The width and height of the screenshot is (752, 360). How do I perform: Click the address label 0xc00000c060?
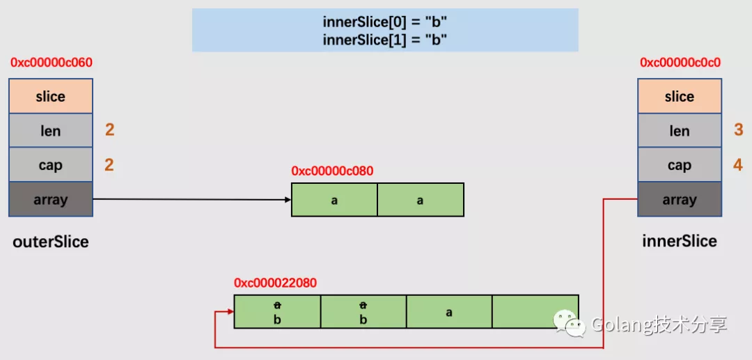[x=52, y=63]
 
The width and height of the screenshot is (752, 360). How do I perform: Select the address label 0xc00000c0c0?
[x=680, y=63]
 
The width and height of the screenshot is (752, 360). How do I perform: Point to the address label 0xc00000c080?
[x=332, y=171]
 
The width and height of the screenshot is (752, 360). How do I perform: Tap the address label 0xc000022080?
[x=275, y=283]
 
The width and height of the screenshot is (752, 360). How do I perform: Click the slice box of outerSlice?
[x=50, y=96]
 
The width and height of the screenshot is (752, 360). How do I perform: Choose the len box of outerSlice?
[x=50, y=130]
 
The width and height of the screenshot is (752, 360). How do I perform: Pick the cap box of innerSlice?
[x=680, y=165]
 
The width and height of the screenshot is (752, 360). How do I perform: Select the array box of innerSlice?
[x=680, y=199]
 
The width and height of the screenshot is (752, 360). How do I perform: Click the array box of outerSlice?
[x=50, y=199]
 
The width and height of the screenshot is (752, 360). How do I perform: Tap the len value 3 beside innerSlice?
[x=739, y=130]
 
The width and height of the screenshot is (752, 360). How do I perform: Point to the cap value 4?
[x=739, y=165]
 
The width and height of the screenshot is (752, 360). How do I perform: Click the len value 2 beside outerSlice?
[x=110, y=130]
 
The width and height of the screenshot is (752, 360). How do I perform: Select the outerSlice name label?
[x=51, y=242]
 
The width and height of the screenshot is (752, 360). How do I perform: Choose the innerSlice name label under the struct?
[x=680, y=241]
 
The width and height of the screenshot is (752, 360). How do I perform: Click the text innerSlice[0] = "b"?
[x=385, y=22]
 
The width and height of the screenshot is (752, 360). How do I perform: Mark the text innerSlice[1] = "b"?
[x=385, y=39]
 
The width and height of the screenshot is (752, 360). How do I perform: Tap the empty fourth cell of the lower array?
[x=535, y=311]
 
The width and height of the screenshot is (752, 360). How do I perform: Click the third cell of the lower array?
[x=449, y=311]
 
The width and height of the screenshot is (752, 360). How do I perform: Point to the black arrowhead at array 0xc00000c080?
[x=288, y=199]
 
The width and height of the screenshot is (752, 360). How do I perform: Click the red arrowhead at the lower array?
[x=230, y=311]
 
